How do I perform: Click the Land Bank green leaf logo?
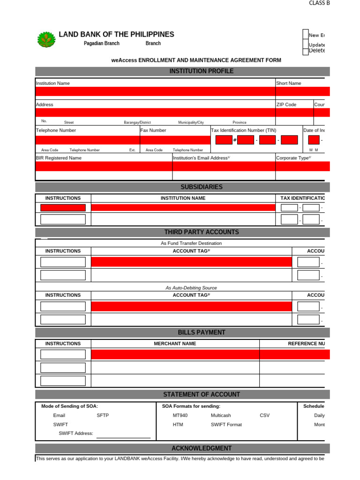[46, 40]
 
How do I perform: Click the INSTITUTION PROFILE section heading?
[201, 71]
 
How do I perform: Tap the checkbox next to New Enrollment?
[306, 35]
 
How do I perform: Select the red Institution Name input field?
[155, 91]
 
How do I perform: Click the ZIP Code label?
[286, 105]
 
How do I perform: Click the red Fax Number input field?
[175, 140]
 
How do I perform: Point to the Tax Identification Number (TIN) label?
[244, 130]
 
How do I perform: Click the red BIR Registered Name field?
[104, 166]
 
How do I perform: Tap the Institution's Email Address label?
[202, 158]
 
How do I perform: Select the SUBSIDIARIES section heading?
[202, 187]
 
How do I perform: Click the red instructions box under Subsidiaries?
[63, 208]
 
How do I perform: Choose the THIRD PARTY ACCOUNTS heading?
[202, 232]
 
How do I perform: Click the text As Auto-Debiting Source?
[191, 288]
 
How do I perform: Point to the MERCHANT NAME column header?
[175, 344]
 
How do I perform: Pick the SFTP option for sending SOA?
[103, 415]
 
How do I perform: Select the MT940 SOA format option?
[180, 415]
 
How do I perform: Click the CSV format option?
[265, 415]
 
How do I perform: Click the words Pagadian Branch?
[101, 44]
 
